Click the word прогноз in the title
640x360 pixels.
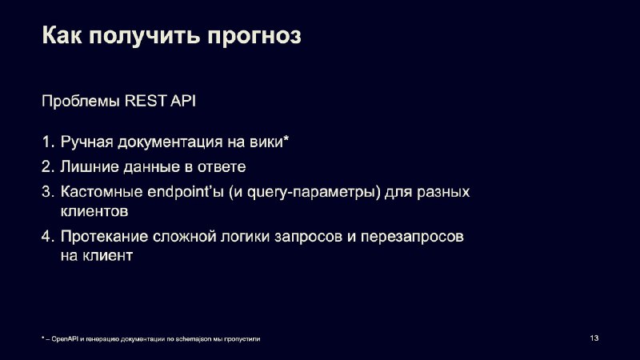pyautogui.click(x=254, y=36)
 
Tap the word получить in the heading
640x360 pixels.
pyautogui.click(x=144, y=36)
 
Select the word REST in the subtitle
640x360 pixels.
pyautogui.click(x=146, y=101)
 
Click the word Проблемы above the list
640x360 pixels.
pyautogui.click(x=81, y=102)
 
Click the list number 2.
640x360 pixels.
pyautogui.click(x=48, y=166)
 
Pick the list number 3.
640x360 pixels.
pyautogui.click(x=48, y=191)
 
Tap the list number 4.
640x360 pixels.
pyautogui.click(x=48, y=236)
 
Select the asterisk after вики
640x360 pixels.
pyautogui.click(x=286, y=139)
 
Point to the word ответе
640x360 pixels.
pyautogui.click(x=222, y=167)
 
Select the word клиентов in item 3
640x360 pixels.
pyautogui.click(x=94, y=211)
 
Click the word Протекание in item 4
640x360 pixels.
pyautogui.click(x=104, y=236)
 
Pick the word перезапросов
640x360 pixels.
pyautogui.click(x=412, y=237)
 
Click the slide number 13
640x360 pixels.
pyautogui.click(x=594, y=338)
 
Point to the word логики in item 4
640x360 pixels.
pyautogui.click(x=245, y=236)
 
